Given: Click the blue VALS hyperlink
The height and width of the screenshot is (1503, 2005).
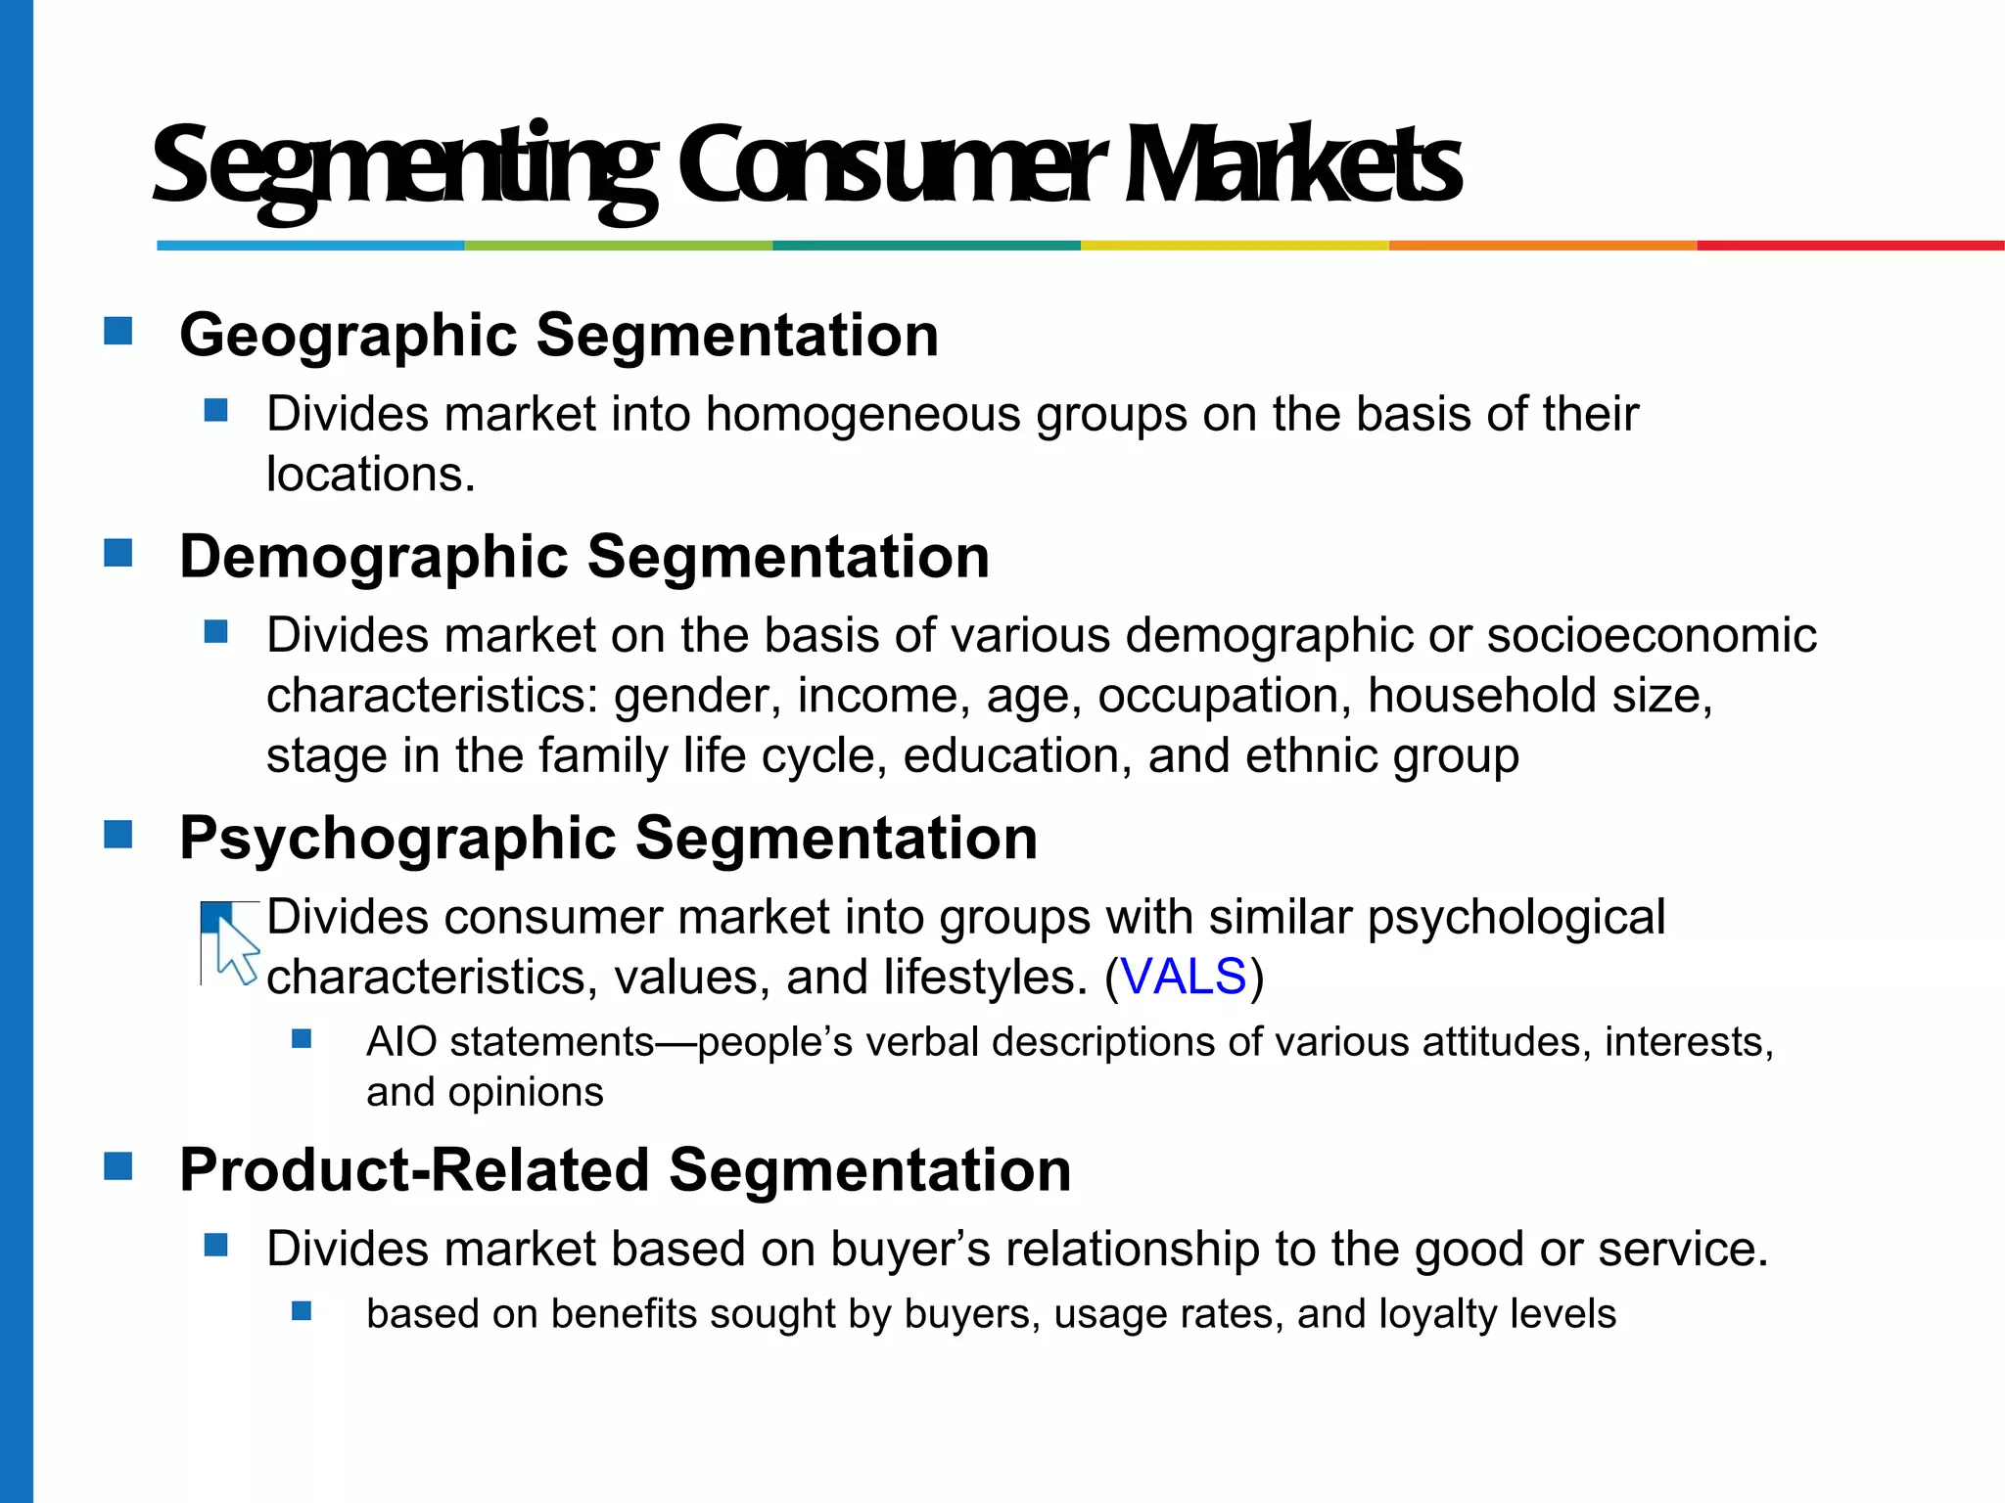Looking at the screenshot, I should pos(1183,977).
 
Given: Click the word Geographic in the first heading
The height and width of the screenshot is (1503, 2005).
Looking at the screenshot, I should pos(349,336).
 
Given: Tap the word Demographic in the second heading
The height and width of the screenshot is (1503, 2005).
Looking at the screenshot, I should pos(373,557).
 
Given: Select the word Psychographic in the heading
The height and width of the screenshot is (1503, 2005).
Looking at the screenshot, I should pos(397,839).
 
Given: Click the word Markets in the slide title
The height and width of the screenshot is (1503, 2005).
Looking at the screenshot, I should pos(1292,165).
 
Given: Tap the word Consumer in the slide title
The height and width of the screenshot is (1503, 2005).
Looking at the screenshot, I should pos(891,165).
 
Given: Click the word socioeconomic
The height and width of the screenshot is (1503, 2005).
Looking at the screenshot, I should pos(1652,635).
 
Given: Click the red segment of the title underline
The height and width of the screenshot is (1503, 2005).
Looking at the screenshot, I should pos(1850,246).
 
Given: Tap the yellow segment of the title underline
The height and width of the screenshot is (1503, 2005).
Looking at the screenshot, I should pos(1235,246).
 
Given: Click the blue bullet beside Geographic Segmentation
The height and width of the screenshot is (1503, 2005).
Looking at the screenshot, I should pos(118,331).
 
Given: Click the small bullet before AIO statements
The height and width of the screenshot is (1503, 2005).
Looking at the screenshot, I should pos(302,1038).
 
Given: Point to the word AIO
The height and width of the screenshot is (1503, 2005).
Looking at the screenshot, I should pos(401,1042).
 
